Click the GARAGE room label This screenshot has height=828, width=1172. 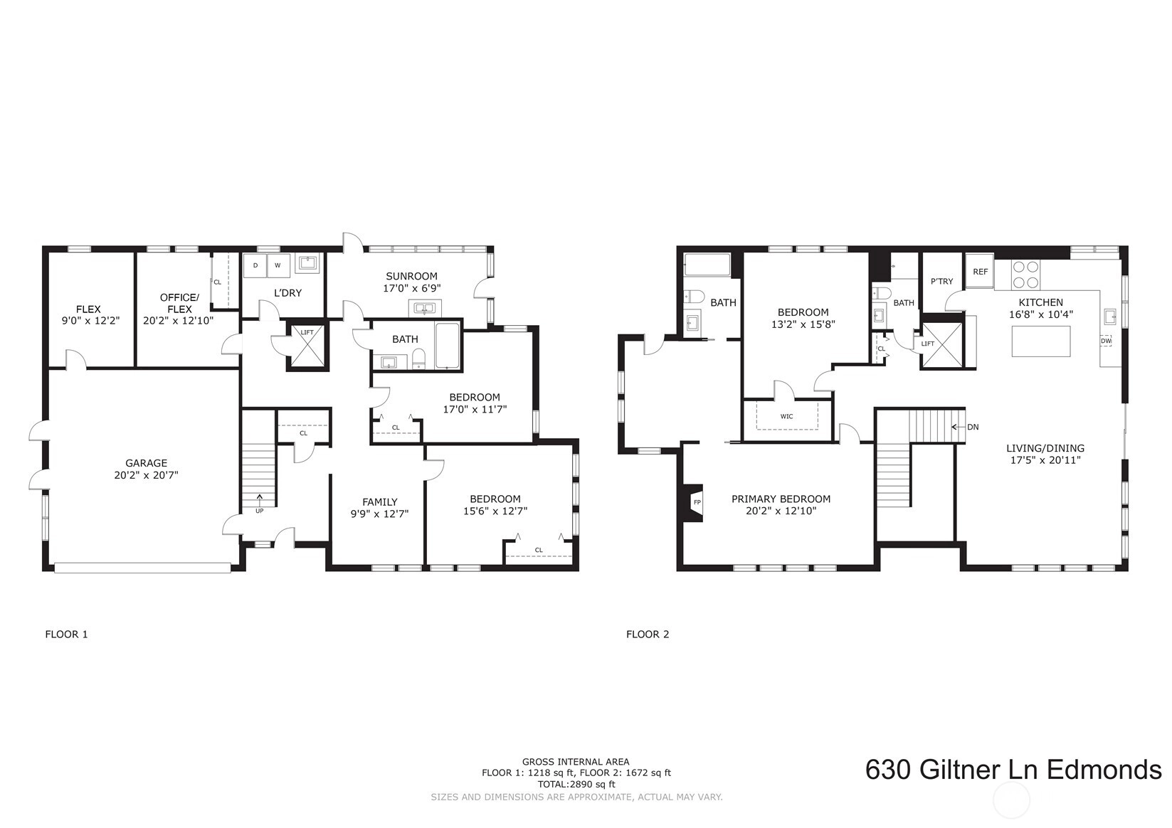tap(146, 463)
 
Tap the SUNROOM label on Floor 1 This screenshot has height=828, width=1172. tap(411, 276)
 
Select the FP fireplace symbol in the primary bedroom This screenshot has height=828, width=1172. tap(694, 503)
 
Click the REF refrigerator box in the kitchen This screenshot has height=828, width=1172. tap(979, 271)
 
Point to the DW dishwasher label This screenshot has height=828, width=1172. tap(1106, 341)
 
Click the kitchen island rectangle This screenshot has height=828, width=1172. tap(1040, 341)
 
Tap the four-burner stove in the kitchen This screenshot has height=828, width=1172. tap(1025, 275)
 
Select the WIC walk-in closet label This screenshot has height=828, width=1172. tap(786, 416)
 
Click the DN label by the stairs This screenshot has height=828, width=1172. tap(973, 427)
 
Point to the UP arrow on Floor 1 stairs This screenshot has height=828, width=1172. tap(260, 499)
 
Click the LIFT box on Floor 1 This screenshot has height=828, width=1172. tap(307, 347)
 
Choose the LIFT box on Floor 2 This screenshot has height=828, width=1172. tap(941, 345)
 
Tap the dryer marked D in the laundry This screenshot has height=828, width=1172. tap(255, 266)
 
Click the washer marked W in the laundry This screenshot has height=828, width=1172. tap(278, 266)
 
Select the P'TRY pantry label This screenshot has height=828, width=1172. tap(941, 282)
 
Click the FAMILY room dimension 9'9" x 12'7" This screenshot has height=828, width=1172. tap(379, 514)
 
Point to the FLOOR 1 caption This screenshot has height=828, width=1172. tap(66, 635)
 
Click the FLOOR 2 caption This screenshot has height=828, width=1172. tap(648, 635)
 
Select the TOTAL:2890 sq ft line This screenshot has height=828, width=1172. tap(576, 784)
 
